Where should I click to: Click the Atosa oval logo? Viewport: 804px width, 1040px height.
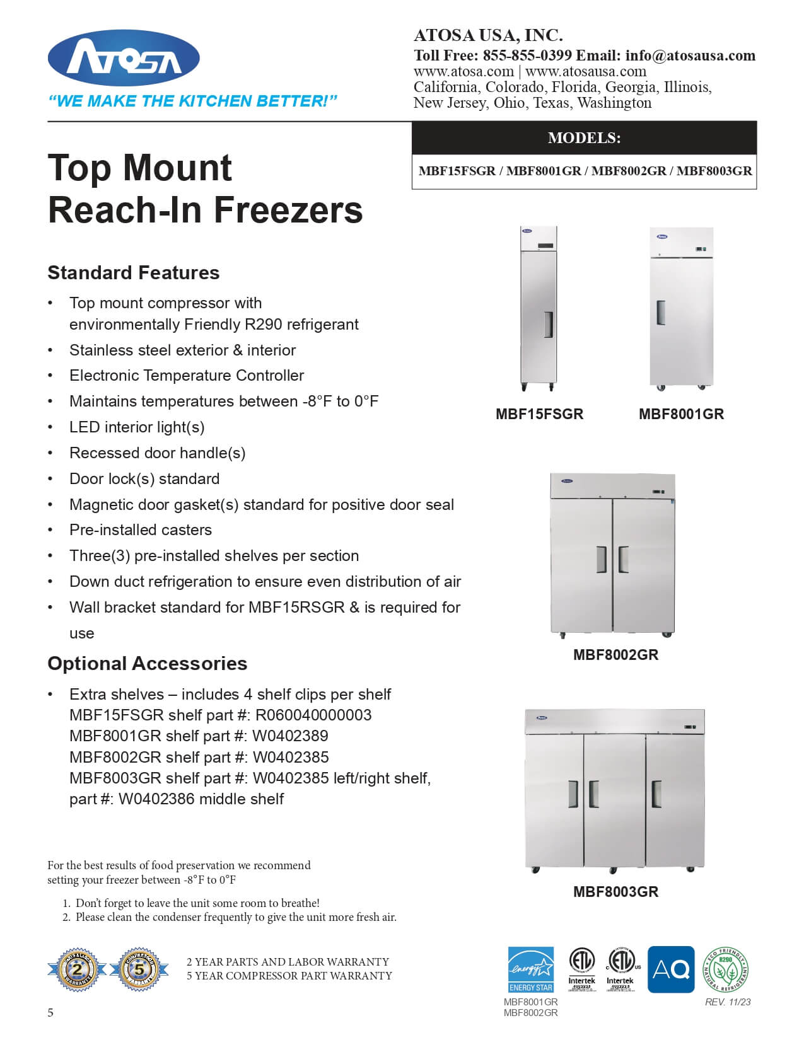pos(124,59)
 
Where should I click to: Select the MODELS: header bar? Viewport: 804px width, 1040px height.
pos(584,138)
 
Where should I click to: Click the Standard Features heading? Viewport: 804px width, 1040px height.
pos(134,273)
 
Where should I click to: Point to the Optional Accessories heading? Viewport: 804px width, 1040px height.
pos(148,664)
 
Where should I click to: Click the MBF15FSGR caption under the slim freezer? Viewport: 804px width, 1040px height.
pos(539,414)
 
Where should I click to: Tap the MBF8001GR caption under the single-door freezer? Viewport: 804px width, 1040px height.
pos(681,414)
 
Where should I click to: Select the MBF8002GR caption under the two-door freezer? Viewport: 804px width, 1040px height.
pos(615,655)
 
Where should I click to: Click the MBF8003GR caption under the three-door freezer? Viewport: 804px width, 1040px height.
pos(615,892)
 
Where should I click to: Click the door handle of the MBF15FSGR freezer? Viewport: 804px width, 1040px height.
pos(548,325)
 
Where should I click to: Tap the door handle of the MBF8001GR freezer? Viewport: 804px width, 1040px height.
pos(660,313)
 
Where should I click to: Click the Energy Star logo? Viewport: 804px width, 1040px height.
pos(531,969)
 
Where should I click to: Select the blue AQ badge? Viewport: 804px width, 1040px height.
pos(671,969)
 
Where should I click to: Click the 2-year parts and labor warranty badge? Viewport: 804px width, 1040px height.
pos(77,969)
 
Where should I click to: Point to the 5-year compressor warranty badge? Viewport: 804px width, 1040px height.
pos(139,969)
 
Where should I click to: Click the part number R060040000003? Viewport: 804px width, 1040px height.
pos(313,715)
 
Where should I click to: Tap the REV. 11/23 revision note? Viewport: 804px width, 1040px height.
pos(728,1002)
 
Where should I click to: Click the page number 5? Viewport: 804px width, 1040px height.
pos(50,1013)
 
